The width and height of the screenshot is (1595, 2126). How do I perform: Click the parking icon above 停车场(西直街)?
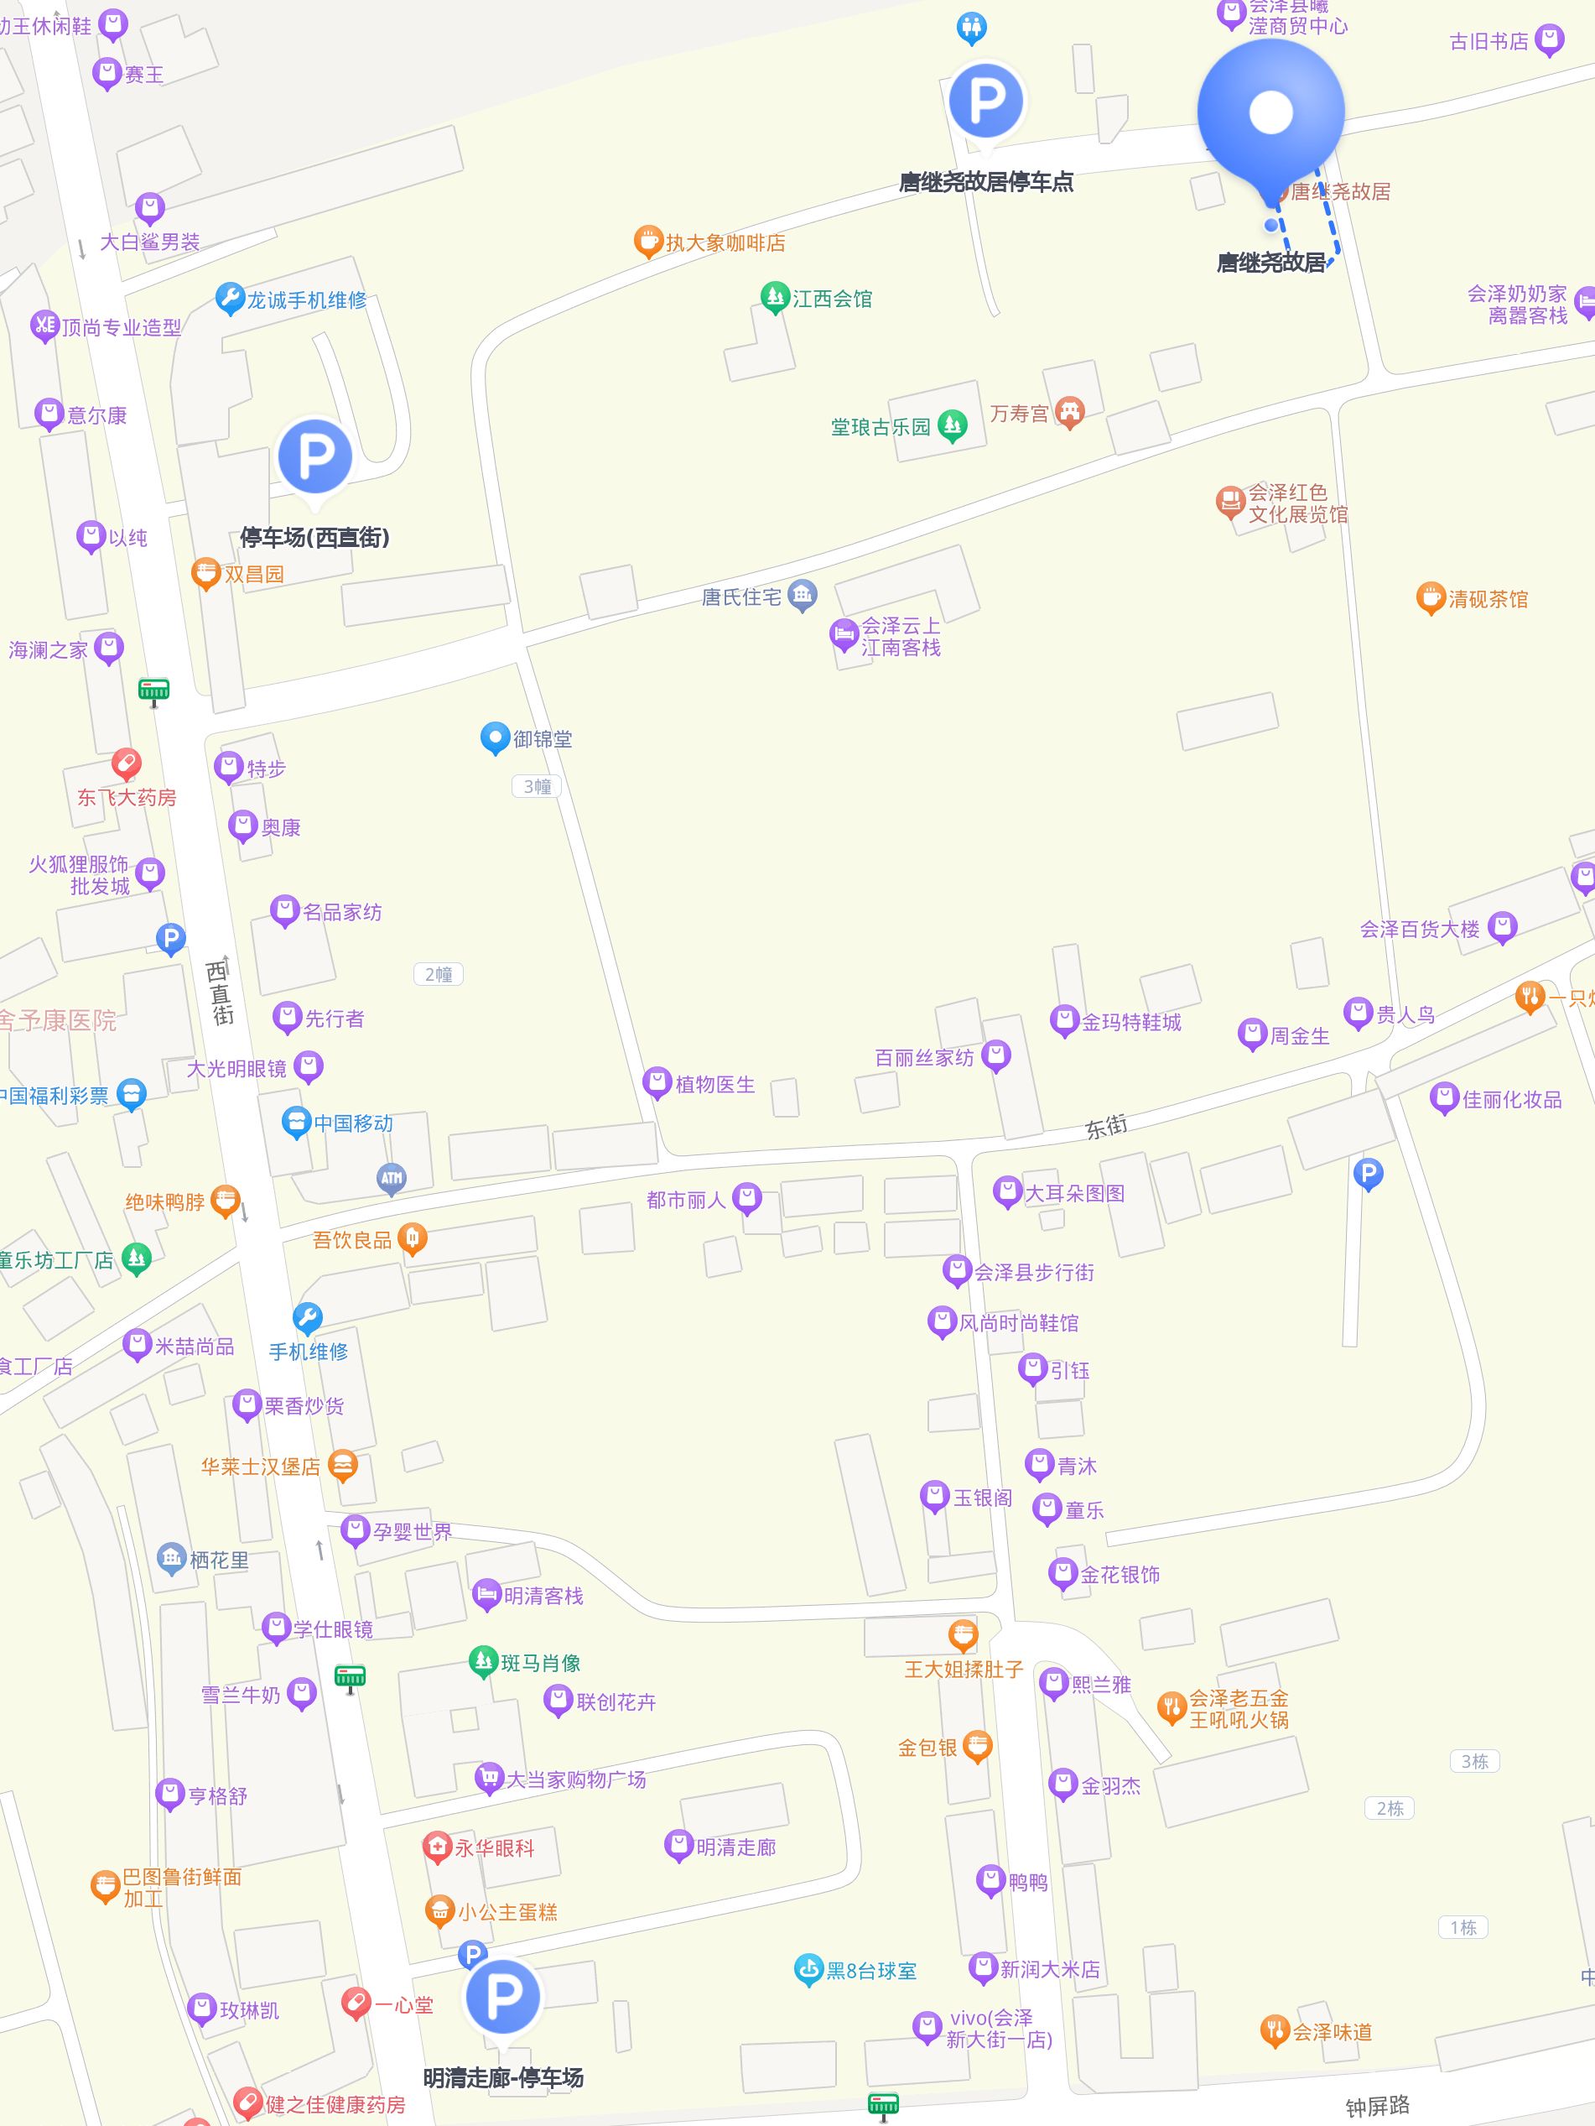point(314,456)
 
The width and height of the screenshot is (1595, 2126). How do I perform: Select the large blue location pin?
point(1270,112)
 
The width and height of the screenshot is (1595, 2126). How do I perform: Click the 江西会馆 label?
point(832,299)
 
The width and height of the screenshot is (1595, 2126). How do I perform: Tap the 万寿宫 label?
point(1020,414)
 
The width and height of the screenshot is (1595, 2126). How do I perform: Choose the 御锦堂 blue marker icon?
point(494,738)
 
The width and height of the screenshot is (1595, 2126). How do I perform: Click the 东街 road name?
point(1106,1127)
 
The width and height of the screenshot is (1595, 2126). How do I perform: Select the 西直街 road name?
point(220,991)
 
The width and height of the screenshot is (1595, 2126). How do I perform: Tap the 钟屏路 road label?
point(1377,2106)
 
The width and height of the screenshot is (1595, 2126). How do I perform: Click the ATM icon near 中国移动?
point(391,1177)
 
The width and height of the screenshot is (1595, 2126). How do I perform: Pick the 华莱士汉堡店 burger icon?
point(343,1466)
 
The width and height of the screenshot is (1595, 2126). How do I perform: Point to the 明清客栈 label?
point(544,1596)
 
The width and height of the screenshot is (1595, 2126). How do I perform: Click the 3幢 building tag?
point(536,786)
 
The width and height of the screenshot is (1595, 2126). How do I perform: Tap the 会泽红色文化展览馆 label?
point(1297,503)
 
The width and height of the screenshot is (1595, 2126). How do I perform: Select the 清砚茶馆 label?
point(1488,600)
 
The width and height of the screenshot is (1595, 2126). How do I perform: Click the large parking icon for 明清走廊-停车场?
point(501,1997)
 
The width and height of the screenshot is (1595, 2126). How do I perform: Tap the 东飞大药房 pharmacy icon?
point(126,764)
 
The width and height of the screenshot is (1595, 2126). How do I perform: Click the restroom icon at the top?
point(971,27)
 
